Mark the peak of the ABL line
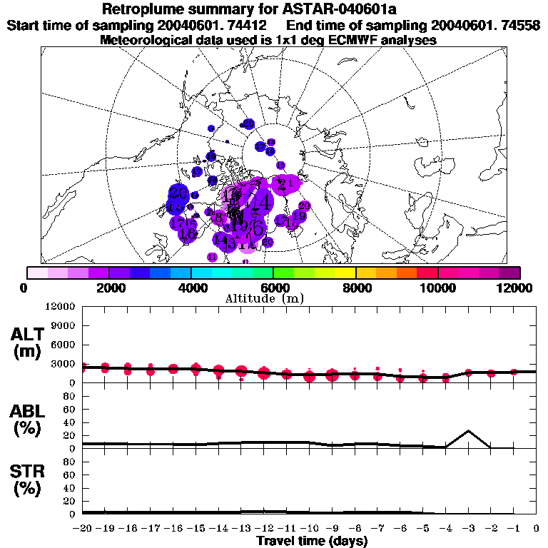pyautogui.click(x=468, y=431)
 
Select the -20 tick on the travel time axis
pyautogui.click(x=83, y=529)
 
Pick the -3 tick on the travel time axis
pyautogui.click(x=468, y=529)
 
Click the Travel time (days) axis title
pyautogui.click(x=312, y=541)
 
